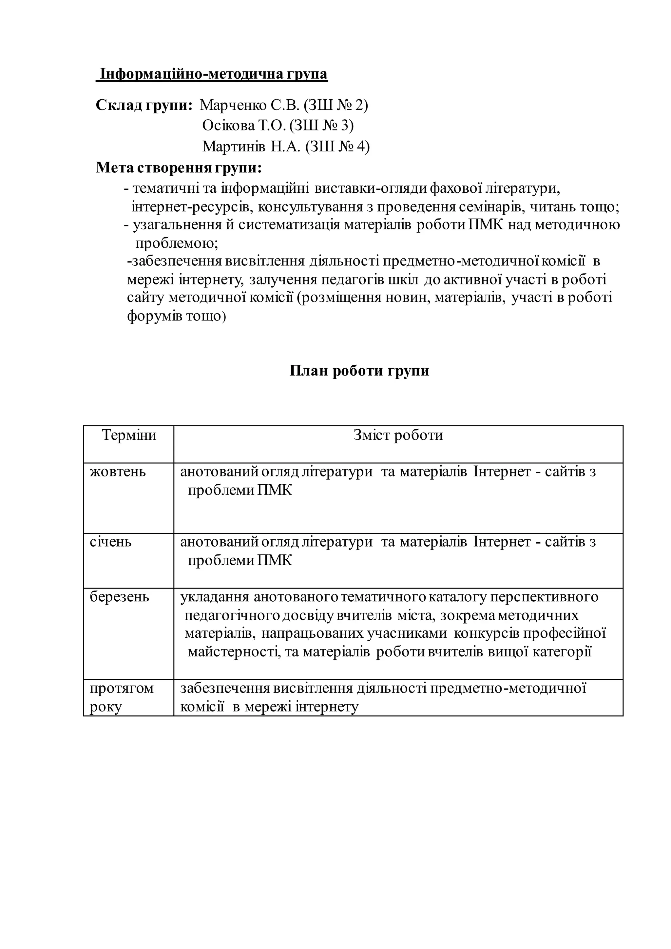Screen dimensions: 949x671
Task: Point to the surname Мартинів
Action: [x=234, y=146]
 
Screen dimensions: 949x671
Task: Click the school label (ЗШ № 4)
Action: [x=337, y=146]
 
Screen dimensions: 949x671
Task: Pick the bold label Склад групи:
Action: [x=144, y=106]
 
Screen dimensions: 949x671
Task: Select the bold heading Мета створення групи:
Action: [x=179, y=168]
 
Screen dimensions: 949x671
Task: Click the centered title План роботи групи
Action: [x=359, y=371]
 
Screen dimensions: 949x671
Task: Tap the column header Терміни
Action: [x=129, y=435]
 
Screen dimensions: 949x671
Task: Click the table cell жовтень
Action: [x=118, y=472]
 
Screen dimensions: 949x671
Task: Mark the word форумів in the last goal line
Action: [x=155, y=316]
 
